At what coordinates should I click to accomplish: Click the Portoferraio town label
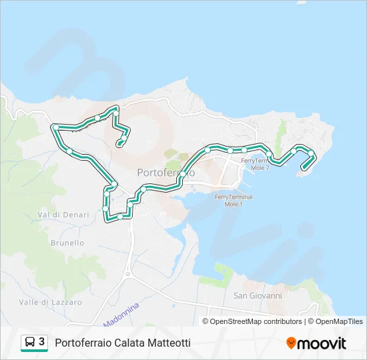pos(166,173)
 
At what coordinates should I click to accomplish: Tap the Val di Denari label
pos(59,215)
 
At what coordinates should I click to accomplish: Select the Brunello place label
pos(67,243)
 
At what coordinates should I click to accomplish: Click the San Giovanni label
pos(258,295)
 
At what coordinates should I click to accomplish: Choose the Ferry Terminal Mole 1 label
pos(234,200)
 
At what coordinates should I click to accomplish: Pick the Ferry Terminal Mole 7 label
pos(255,163)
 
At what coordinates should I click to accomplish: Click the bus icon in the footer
pos(30,343)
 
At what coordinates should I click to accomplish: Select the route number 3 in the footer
pos(42,342)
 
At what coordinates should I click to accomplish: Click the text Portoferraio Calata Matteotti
pos(123,343)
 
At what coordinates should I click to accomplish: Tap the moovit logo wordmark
pos(322,343)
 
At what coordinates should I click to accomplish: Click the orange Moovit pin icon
pos(291,343)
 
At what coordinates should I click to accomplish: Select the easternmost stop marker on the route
pos(311,154)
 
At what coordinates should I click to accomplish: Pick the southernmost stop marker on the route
pos(120,217)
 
